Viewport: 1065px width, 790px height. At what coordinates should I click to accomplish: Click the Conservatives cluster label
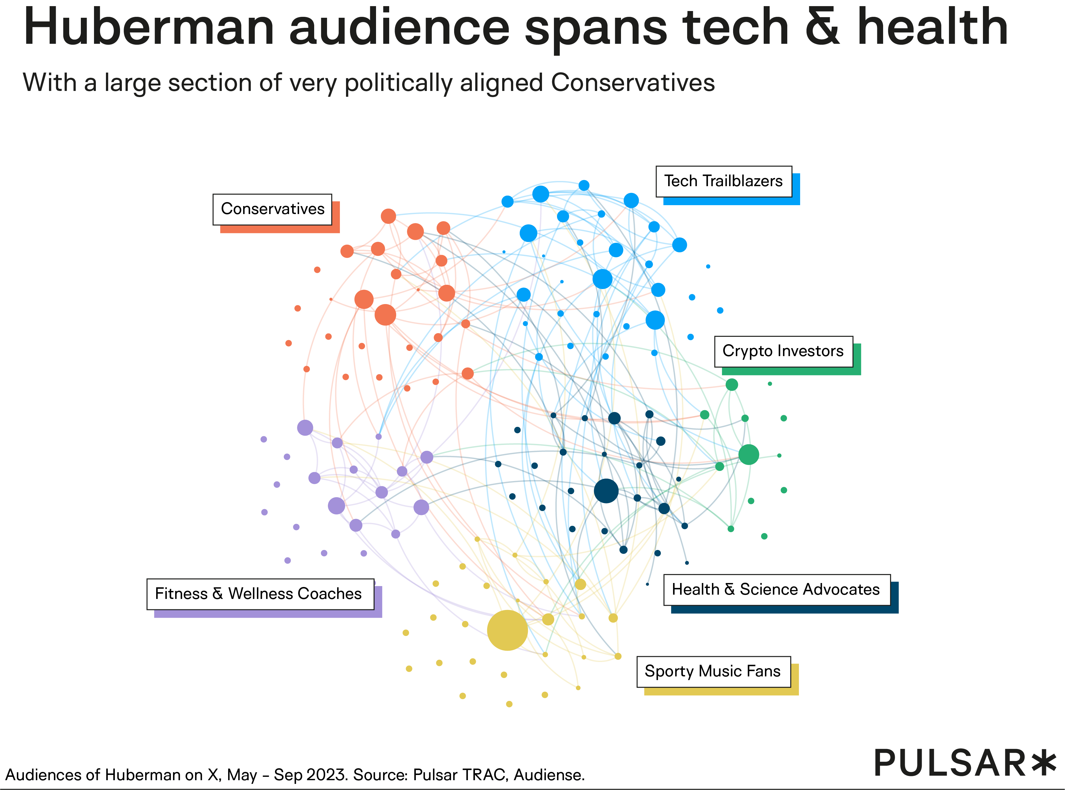pos(272,209)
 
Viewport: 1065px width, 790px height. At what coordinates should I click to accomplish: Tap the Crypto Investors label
pos(783,351)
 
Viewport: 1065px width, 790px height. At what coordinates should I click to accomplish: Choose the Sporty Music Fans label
pos(713,671)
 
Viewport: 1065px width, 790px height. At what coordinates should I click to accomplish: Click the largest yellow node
pos(507,630)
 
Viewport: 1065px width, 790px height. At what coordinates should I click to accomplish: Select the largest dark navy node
pos(606,491)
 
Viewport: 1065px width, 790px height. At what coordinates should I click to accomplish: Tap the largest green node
pos(748,454)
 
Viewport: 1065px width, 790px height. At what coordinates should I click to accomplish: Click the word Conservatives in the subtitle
pos(632,83)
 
